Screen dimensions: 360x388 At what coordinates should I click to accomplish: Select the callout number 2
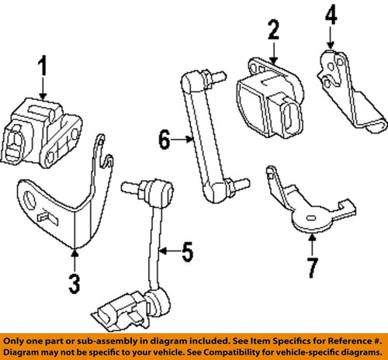(272, 31)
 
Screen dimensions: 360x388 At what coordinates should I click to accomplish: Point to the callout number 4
(331, 14)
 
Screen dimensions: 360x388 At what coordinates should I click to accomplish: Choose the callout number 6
(164, 140)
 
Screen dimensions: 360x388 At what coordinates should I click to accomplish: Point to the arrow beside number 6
(180, 140)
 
